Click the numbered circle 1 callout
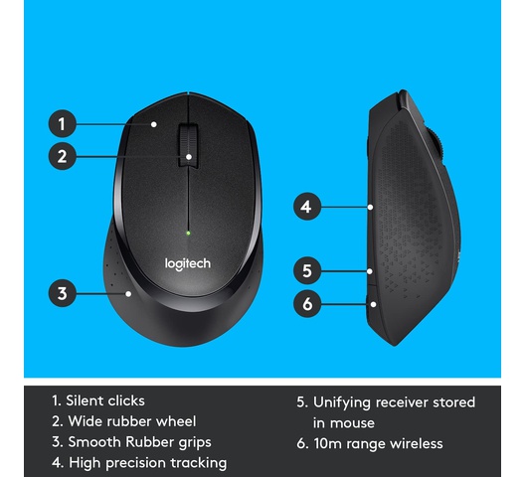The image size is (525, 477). point(63,124)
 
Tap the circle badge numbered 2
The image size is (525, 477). point(63,156)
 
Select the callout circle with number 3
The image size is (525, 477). point(63,293)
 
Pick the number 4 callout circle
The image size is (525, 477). point(307,207)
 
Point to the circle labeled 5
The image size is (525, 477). point(307,271)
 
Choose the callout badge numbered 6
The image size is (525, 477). point(307,304)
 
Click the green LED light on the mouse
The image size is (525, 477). point(188,233)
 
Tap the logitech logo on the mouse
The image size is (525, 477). point(188,264)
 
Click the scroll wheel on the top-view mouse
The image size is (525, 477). point(188,146)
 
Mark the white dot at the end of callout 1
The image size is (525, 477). point(154,124)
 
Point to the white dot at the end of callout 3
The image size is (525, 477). point(128,294)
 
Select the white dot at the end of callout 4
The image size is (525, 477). point(370,208)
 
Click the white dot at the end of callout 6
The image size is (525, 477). point(373,304)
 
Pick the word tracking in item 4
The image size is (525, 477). point(199,463)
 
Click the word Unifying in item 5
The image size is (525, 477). point(342,402)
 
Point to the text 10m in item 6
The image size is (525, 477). point(328,444)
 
